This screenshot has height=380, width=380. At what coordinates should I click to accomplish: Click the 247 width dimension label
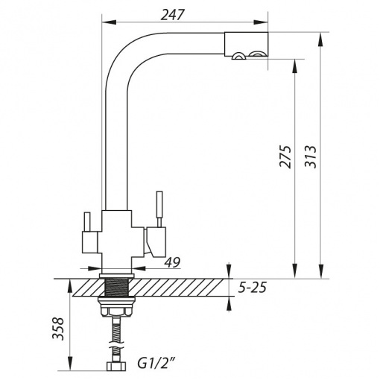[173, 15]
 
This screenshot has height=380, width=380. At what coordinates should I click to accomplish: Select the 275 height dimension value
[285, 157]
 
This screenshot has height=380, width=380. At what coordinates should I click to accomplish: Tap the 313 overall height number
[311, 157]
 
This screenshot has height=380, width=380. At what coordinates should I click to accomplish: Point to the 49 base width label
[172, 262]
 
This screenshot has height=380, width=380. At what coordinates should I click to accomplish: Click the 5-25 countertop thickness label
[253, 288]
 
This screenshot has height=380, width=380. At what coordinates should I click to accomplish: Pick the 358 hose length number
[58, 328]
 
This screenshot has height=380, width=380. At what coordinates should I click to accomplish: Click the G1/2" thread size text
[155, 364]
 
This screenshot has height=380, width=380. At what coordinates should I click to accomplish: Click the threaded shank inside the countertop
[117, 288]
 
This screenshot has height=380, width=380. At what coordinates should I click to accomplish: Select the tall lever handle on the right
[159, 209]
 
